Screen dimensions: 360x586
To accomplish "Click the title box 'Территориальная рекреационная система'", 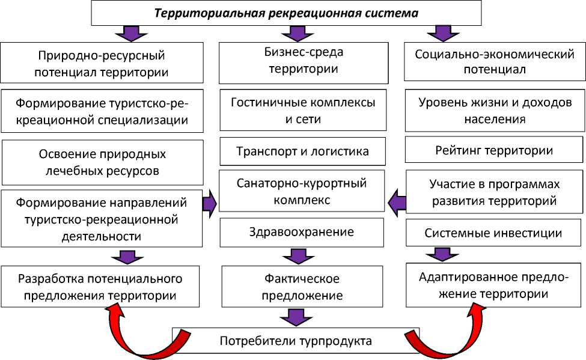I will pyautogui.click(x=286, y=13).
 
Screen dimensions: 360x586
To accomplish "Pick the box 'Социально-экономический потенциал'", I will pyautogui.click(x=495, y=61).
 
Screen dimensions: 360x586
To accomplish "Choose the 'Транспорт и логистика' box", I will pyautogui.click(x=303, y=151).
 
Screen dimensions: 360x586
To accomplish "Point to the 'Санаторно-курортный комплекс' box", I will pyautogui.click(x=302, y=191).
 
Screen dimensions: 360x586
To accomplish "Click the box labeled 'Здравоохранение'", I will pyautogui.click(x=302, y=232).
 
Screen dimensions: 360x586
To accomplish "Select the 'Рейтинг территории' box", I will pyautogui.click(x=494, y=150).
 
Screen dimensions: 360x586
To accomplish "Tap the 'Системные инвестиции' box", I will pyautogui.click(x=494, y=233).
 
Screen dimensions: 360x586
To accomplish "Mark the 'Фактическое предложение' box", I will pyautogui.click(x=303, y=287).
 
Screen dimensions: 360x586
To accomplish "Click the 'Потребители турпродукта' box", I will pyautogui.click(x=296, y=341).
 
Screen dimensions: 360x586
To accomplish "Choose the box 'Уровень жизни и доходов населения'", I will pyautogui.click(x=495, y=111).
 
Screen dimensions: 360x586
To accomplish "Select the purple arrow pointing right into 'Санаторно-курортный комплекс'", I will pyautogui.click(x=209, y=204).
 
